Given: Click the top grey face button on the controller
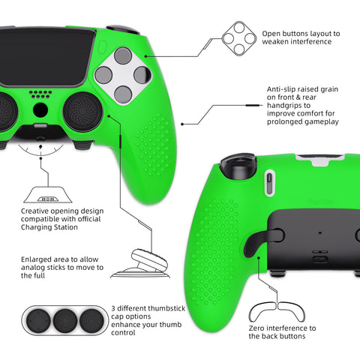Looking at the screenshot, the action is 123,55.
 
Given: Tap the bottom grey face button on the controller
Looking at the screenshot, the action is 123,94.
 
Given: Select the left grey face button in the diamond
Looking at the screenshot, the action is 103,75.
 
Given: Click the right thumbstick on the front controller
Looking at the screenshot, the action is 82,112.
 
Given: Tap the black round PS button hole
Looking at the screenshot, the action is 40,109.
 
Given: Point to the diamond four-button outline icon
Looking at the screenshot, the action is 239,38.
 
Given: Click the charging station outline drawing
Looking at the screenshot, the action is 48,194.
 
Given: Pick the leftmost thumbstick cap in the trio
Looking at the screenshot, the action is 38,320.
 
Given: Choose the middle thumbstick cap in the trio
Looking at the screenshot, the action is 65,320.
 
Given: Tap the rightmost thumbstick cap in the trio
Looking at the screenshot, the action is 91,320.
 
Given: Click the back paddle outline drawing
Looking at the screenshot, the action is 277,311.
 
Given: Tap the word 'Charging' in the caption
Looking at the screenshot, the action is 37,227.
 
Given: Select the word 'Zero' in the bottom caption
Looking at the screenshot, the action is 256,328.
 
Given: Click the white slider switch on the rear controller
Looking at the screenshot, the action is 269,182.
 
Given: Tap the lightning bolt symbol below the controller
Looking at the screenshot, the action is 40,147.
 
